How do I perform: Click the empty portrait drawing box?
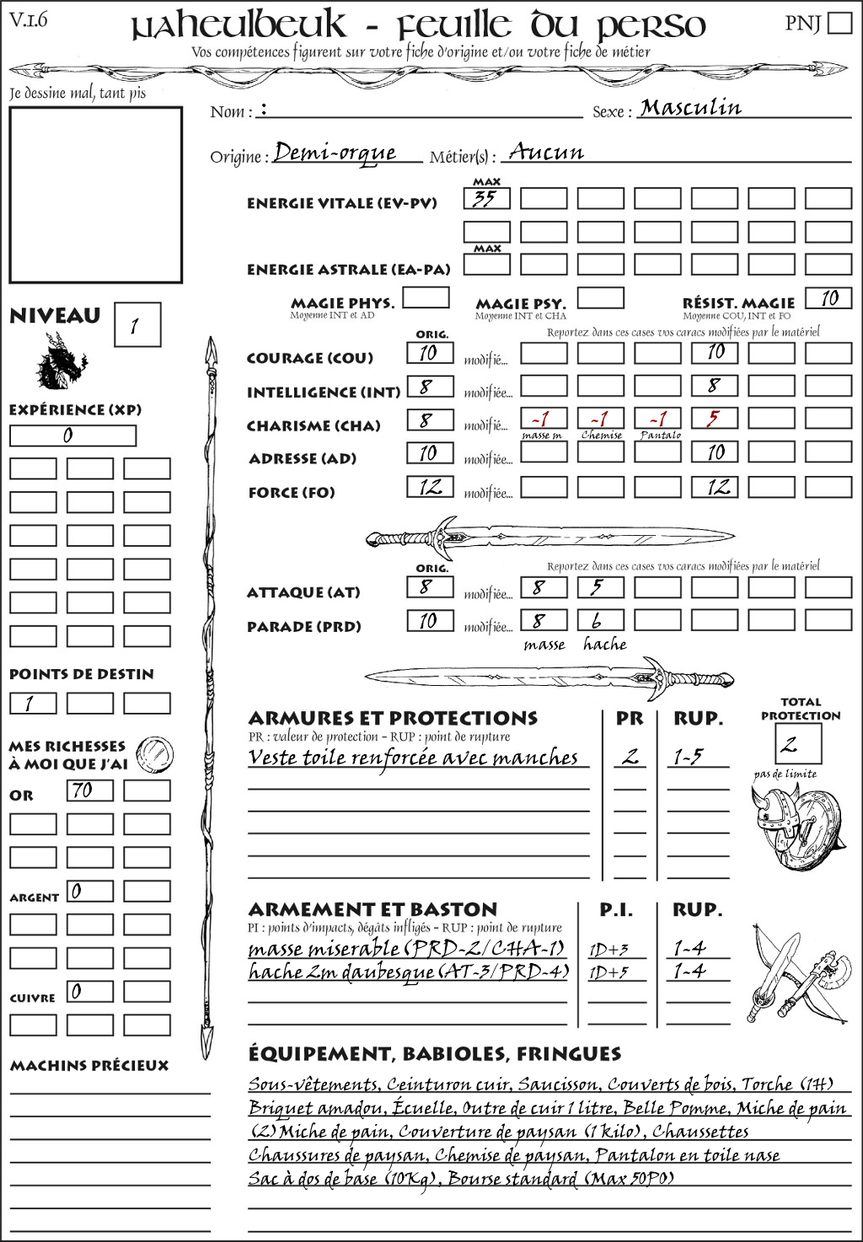(95, 195)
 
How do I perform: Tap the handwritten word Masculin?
(690, 107)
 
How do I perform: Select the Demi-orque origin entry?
(335, 153)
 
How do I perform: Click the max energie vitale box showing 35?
(486, 199)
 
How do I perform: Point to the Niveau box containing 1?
(137, 325)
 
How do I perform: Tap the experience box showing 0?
(72, 436)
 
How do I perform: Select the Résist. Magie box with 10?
(828, 298)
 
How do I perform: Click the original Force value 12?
(430, 487)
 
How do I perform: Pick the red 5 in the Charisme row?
(714, 419)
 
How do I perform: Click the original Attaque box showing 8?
(430, 587)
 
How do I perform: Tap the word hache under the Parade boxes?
(604, 645)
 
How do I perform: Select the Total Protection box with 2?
(798, 743)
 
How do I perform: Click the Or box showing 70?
(90, 790)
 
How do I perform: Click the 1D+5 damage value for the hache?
(608, 973)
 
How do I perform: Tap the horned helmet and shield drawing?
(794, 827)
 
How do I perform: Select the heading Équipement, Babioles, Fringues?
(434, 1053)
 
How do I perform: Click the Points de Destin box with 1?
(33, 703)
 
